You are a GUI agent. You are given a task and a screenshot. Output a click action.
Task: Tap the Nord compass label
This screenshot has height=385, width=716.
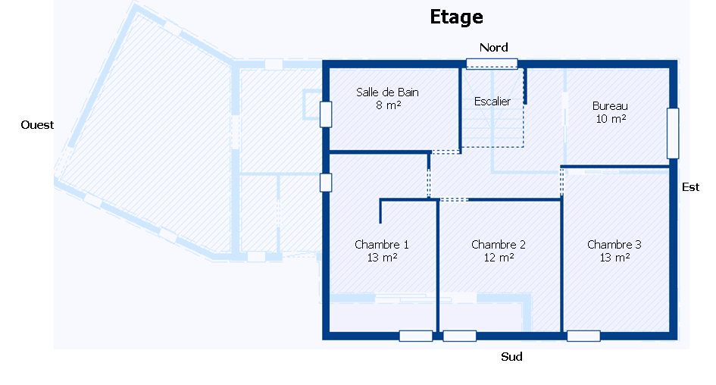pyautogui.click(x=493, y=48)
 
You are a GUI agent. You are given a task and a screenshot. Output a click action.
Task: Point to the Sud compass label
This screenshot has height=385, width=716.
pyautogui.click(x=511, y=357)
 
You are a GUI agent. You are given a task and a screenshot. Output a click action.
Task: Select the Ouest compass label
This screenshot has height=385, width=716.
pyautogui.click(x=37, y=125)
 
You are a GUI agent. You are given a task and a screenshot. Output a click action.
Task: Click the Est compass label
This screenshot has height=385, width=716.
pyautogui.click(x=690, y=186)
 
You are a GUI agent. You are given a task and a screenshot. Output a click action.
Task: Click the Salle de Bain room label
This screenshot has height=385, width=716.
pyautogui.click(x=387, y=92)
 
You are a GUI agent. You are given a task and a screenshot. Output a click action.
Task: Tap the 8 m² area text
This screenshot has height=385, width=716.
pyautogui.click(x=388, y=105)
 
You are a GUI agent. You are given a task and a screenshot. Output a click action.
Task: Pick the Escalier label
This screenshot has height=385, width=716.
pyautogui.click(x=492, y=102)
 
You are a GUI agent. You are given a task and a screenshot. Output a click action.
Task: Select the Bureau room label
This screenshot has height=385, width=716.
pyautogui.click(x=610, y=106)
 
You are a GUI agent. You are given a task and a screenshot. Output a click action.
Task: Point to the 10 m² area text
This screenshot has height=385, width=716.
pyautogui.click(x=611, y=119)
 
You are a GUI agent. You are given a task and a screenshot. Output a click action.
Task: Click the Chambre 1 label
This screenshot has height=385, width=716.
pyautogui.click(x=382, y=245)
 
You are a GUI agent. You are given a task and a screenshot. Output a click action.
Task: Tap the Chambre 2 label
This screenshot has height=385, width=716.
pyautogui.click(x=499, y=245)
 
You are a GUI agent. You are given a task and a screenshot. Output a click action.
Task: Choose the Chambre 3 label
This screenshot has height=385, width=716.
pyautogui.click(x=614, y=245)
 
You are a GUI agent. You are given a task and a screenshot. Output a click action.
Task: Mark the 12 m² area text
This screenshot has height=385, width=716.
pyautogui.click(x=499, y=258)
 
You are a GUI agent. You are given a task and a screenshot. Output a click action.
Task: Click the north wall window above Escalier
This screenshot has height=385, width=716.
pyautogui.click(x=492, y=64)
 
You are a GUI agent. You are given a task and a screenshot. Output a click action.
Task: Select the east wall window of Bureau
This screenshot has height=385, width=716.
pyautogui.click(x=673, y=133)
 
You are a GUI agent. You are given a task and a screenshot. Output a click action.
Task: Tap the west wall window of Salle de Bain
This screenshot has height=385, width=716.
pyautogui.click(x=326, y=114)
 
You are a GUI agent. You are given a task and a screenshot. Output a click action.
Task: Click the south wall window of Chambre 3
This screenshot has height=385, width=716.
pyautogui.click(x=583, y=336)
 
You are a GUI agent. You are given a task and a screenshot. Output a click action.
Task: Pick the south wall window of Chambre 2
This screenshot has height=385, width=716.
pyautogui.click(x=459, y=336)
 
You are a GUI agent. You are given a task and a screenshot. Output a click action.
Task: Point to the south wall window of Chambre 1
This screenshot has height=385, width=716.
pyautogui.click(x=415, y=336)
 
